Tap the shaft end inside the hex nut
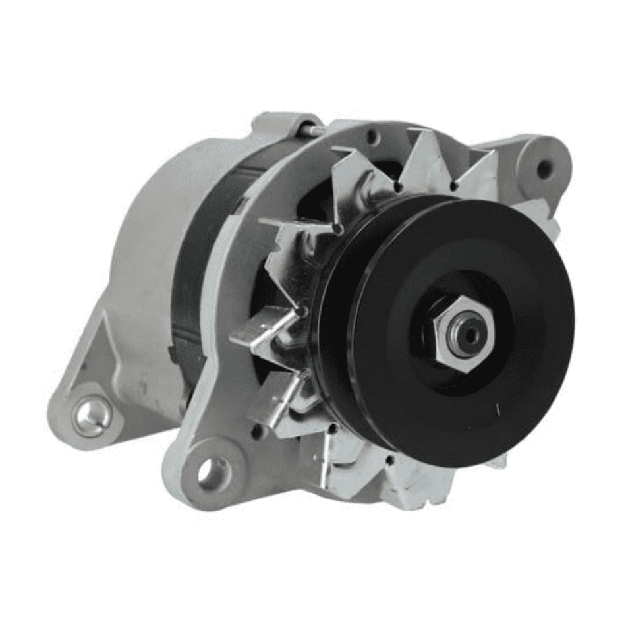469,334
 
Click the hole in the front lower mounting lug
212,472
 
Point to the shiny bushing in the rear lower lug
90,414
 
